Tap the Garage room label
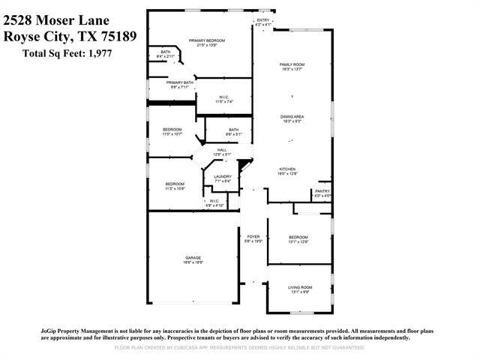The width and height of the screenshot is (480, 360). click(x=193, y=258)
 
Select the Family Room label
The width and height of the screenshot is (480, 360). click(x=292, y=64)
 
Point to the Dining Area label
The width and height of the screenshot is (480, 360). click(x=292, y=116)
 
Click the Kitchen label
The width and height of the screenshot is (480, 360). click(x=289, y=169)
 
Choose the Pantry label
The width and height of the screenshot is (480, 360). click(x=322, y=191)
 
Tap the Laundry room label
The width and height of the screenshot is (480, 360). click(x=223, y=176)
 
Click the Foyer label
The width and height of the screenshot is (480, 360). click(x=253, y=237)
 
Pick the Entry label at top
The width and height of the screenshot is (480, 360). click(x=262, y=20)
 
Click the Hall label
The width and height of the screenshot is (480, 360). click(x=222, y=150)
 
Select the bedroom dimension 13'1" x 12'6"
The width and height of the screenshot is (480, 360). click(x=299, y=242)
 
